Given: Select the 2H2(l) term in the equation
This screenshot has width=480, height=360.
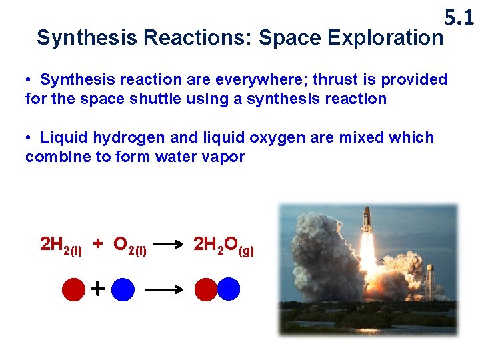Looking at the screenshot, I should (x=61, y=245).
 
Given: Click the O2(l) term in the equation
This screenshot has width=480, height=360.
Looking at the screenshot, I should (x=130, y=245).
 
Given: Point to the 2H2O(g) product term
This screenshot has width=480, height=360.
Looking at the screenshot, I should (x=223, y=245).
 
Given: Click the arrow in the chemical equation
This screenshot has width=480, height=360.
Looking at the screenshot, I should (x=170, y=245).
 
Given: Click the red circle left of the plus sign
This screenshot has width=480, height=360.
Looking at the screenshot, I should (x=73, y=289).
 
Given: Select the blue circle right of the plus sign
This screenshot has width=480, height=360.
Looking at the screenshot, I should (x=123, y=289).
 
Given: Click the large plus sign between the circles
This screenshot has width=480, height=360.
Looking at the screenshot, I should (x=97, y=289).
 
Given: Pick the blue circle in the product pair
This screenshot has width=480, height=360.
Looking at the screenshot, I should (x=228, y=289).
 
